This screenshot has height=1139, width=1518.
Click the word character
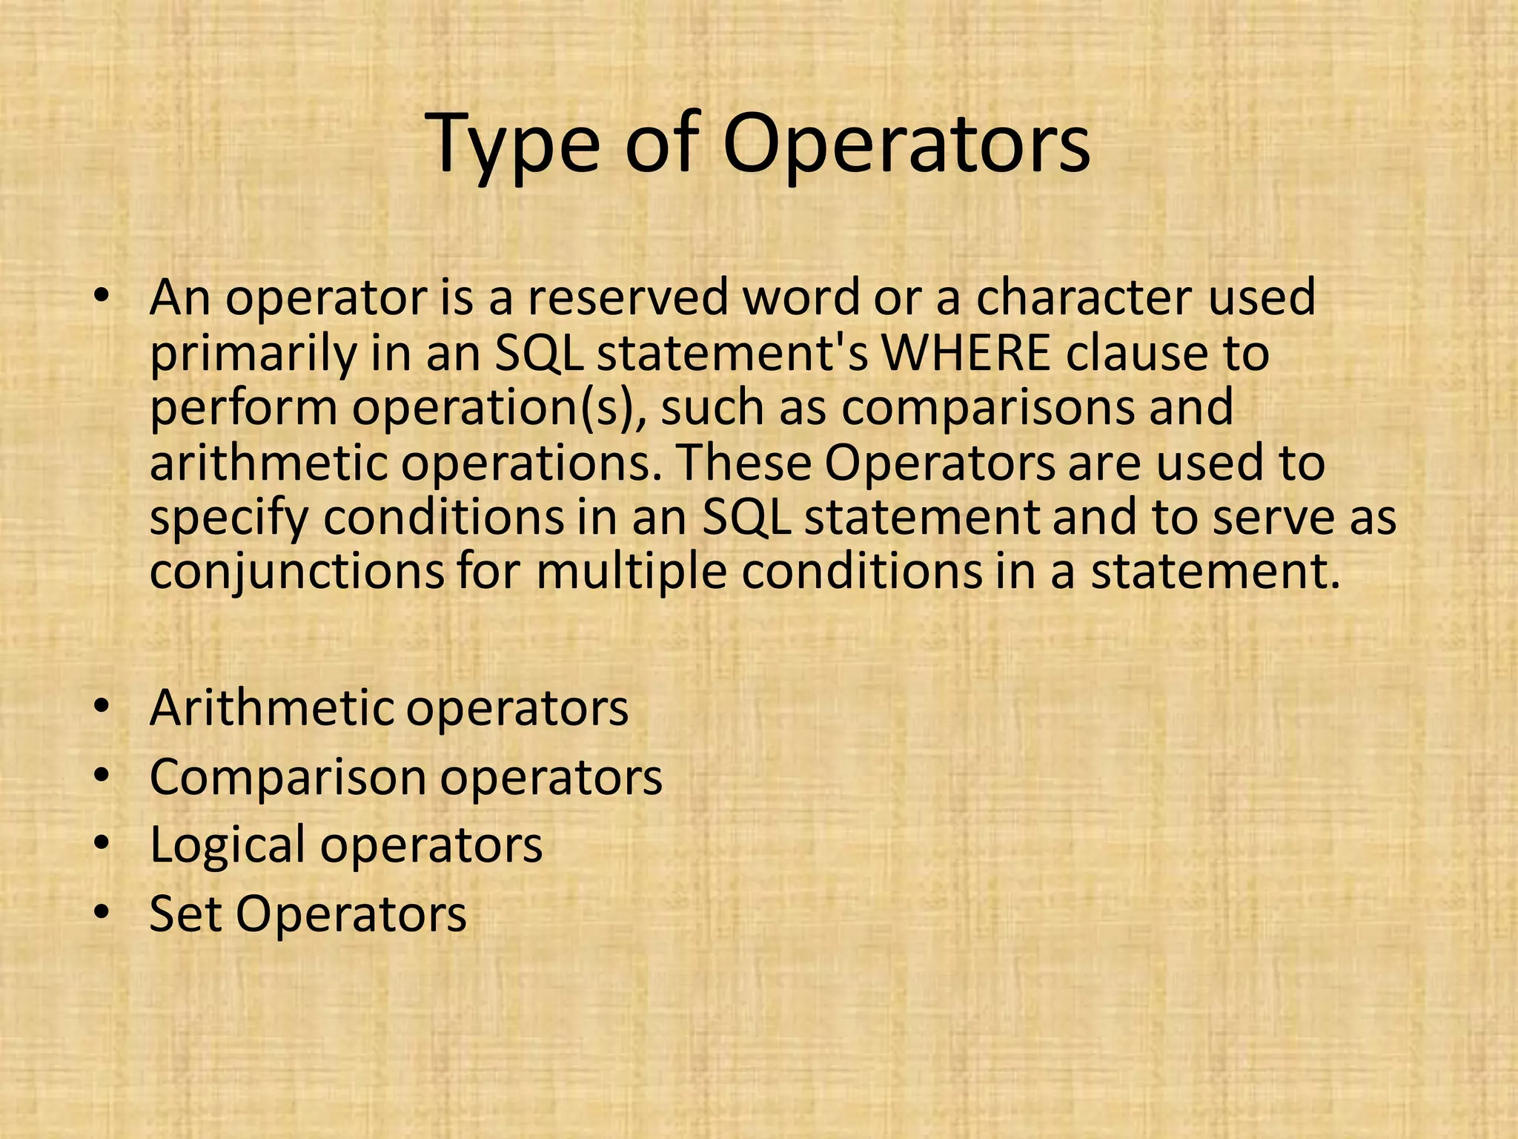[x=1082, y=298]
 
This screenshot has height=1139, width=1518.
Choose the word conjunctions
[x=297, y=573]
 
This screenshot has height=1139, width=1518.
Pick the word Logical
[x=227, y=846]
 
